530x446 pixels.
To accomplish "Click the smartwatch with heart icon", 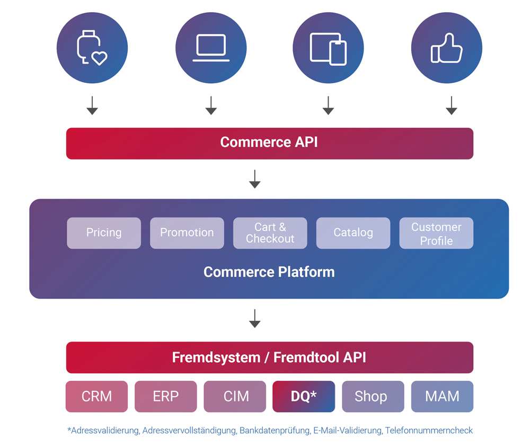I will pos(92,48).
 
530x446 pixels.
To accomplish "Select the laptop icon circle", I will pos(211,48).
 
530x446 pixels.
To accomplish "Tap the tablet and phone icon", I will pos(328,48).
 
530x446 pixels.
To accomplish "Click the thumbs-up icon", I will pos(447,48).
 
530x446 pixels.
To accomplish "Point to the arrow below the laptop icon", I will pos(211,106).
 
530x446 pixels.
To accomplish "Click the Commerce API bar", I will pos(269,143).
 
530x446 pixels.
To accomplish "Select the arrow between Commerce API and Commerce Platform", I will pos(255,179).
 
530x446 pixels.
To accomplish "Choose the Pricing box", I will pos(104,233).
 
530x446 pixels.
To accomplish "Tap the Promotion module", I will pos(187,233).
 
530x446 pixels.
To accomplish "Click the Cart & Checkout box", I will pos(270,233).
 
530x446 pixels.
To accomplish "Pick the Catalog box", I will pos(353,233).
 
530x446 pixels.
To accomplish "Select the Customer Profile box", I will pos(436,233).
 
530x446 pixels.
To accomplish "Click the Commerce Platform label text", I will pos(269,272).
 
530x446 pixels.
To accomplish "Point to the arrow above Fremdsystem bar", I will pos(255,319).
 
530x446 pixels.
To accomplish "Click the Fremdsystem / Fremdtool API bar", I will pos(269,357).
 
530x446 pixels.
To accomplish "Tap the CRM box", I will pos(96,396).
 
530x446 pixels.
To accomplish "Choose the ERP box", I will pos(166,396).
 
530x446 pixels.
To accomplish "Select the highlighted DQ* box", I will pos(304,396).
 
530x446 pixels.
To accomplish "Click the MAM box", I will pos(442,396).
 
